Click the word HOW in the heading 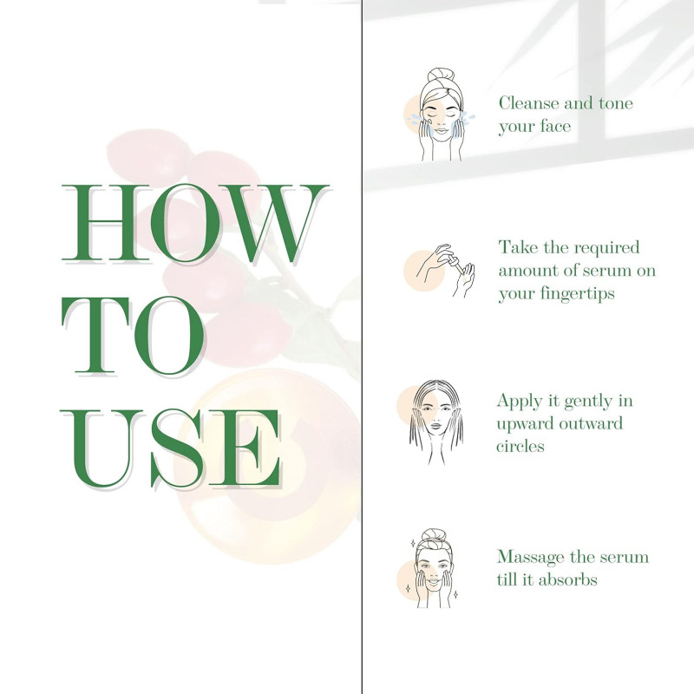point(195,223)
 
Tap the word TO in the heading point(133,336)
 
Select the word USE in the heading point(171,448)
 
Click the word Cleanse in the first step point(528,103)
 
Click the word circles point(520,446)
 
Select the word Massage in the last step point(531,558)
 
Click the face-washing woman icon point(441,115)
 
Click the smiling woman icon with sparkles point(432,568)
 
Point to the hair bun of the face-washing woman point(441,75)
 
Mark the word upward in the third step point(526,424)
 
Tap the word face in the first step point(555,126)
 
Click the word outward point(591,423)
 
